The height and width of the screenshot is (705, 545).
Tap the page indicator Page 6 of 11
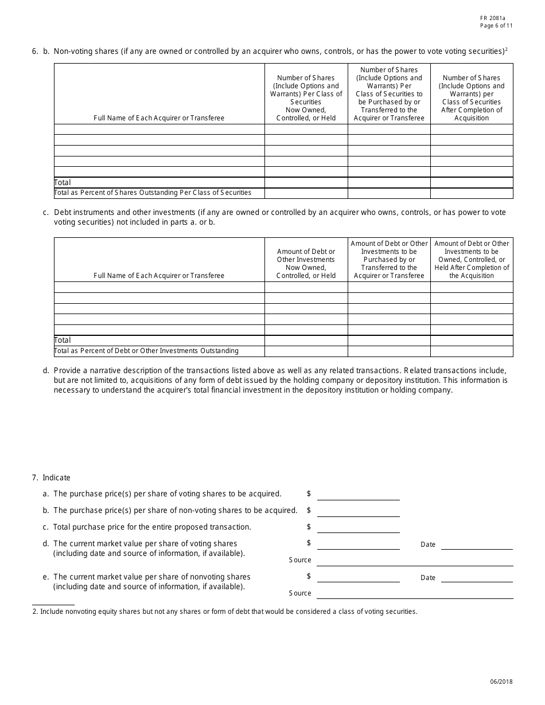(x=497, y=26)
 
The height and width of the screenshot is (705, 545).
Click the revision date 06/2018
(x=501, y=681)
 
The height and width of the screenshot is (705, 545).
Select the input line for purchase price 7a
(x=358, y=495)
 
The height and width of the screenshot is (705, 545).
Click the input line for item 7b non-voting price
(x=358, y=511)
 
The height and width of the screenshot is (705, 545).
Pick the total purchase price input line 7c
(x=358, y=528)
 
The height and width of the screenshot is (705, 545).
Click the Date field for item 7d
(x=476, y=545)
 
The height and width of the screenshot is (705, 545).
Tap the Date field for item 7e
(x=476, y=578)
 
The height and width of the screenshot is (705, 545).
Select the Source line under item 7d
(x=414, y=561)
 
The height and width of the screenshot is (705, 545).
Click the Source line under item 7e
(x=414, y=594)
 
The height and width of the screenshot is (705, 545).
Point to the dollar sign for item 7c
(x=309, y=527)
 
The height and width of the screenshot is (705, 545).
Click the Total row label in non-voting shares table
(x=63, y=182)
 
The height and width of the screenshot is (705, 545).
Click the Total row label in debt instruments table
(x=63, y=340)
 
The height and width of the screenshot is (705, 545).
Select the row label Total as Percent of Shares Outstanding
(x=153, y=193)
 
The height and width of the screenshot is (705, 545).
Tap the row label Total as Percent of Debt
(x=146, y=350)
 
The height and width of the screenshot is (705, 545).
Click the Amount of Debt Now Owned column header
(x=306, y=264)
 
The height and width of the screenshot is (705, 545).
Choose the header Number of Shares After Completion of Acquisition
(x=472, y=97)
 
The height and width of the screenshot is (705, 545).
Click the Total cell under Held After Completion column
(x=472, y=340)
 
